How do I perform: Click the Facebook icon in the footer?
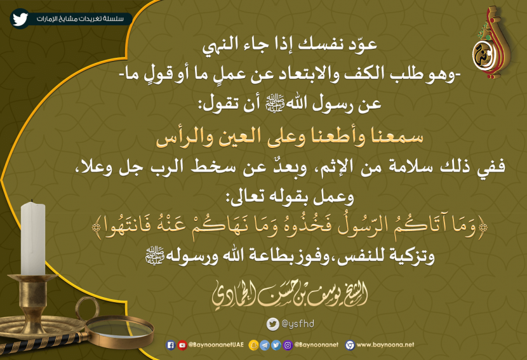171,345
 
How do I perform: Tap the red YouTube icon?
182,345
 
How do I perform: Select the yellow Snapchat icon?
253,345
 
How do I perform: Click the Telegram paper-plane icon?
265,345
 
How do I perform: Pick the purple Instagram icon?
288,345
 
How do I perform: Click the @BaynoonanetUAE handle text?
216,345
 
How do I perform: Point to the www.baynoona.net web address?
385,345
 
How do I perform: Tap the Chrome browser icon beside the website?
350,345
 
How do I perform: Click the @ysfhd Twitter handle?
298,324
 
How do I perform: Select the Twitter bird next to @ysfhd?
273,324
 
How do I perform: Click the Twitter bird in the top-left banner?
20,18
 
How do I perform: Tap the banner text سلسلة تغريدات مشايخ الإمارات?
80,19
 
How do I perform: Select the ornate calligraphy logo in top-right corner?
491,43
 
